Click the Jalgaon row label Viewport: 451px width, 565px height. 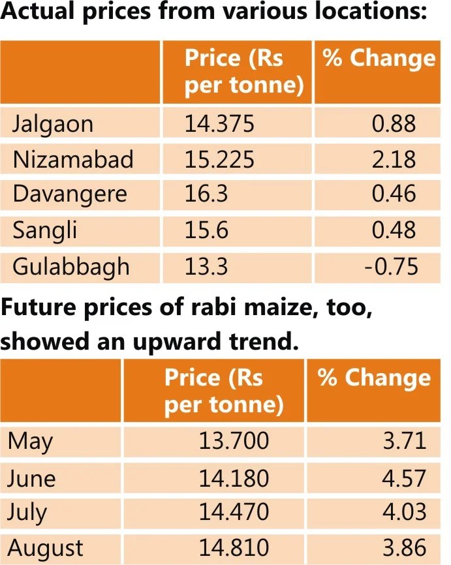(53, 124)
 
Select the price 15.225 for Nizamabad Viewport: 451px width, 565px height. (219, 159)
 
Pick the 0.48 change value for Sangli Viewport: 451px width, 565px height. (394, 230)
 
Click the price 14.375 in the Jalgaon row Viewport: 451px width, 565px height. (219, 124)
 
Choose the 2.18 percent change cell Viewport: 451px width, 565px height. (394, 159)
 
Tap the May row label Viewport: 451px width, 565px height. (31, 442)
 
